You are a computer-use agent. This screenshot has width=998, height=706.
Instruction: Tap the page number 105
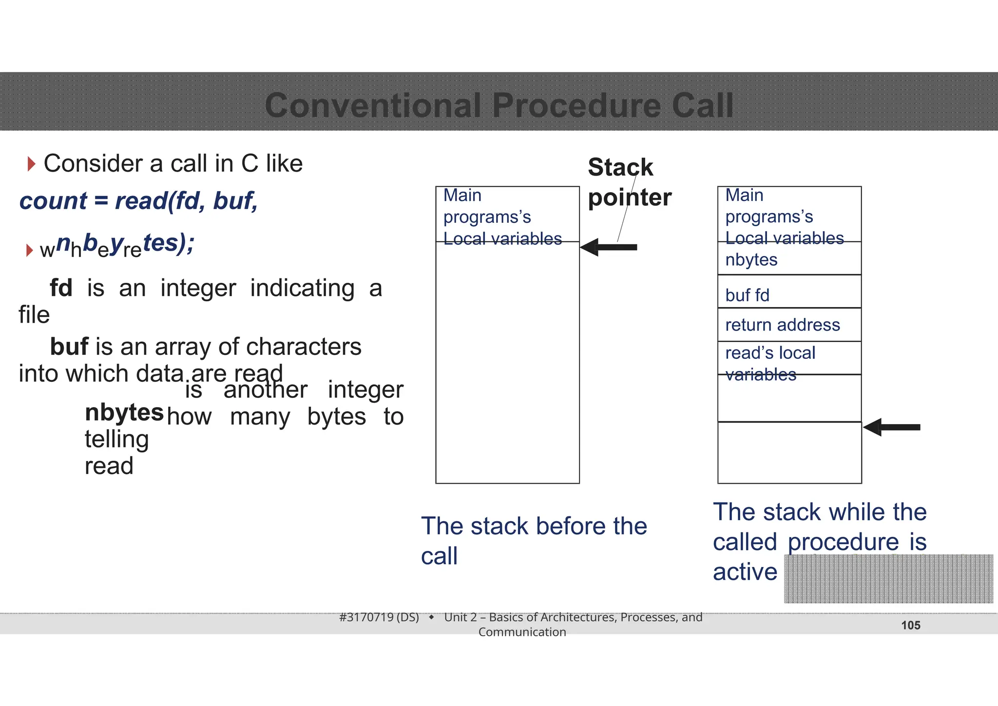coord(910,626)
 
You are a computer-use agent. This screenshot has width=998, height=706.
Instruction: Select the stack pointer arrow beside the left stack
coord(609,247)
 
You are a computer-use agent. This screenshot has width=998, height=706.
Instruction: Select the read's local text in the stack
coord(770,353)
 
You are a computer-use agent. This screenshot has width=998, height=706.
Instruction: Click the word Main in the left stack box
coord(462,195)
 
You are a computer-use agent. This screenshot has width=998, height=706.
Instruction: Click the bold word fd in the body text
coord(61,288)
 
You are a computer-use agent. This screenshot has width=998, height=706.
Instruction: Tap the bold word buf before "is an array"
coord(69,347)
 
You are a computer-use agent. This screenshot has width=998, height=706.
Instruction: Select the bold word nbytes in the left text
coord(124,412)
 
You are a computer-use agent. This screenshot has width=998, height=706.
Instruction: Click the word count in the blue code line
coord(53,201)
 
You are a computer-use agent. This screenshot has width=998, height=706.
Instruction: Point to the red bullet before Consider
coord(31,164)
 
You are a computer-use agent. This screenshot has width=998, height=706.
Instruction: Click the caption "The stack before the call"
coord(534,540)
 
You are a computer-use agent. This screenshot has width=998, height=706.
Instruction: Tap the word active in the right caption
coord(745,572)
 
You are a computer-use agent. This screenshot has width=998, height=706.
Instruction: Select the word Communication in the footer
coord(522,632)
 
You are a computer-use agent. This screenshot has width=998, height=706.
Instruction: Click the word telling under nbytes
coord(116,439)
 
